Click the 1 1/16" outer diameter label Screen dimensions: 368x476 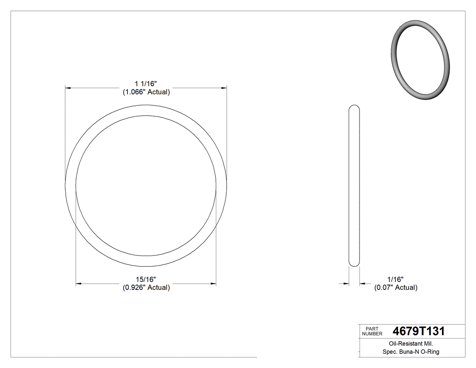click(146, 84)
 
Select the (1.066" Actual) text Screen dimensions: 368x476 click(146, 92)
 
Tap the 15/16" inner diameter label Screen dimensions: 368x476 click(146, 280)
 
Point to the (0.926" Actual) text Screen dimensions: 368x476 click(146, 288)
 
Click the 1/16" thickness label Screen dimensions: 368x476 click(395, 280)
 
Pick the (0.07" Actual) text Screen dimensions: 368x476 click(395, 288)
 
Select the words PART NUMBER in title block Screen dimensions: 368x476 click(373, 331)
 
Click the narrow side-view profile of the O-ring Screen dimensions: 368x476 click(354, 186)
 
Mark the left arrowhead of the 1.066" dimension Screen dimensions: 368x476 click(68, 87)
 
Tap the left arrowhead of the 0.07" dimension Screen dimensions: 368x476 click(346, 284)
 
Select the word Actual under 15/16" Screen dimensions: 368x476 click(158, 288)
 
